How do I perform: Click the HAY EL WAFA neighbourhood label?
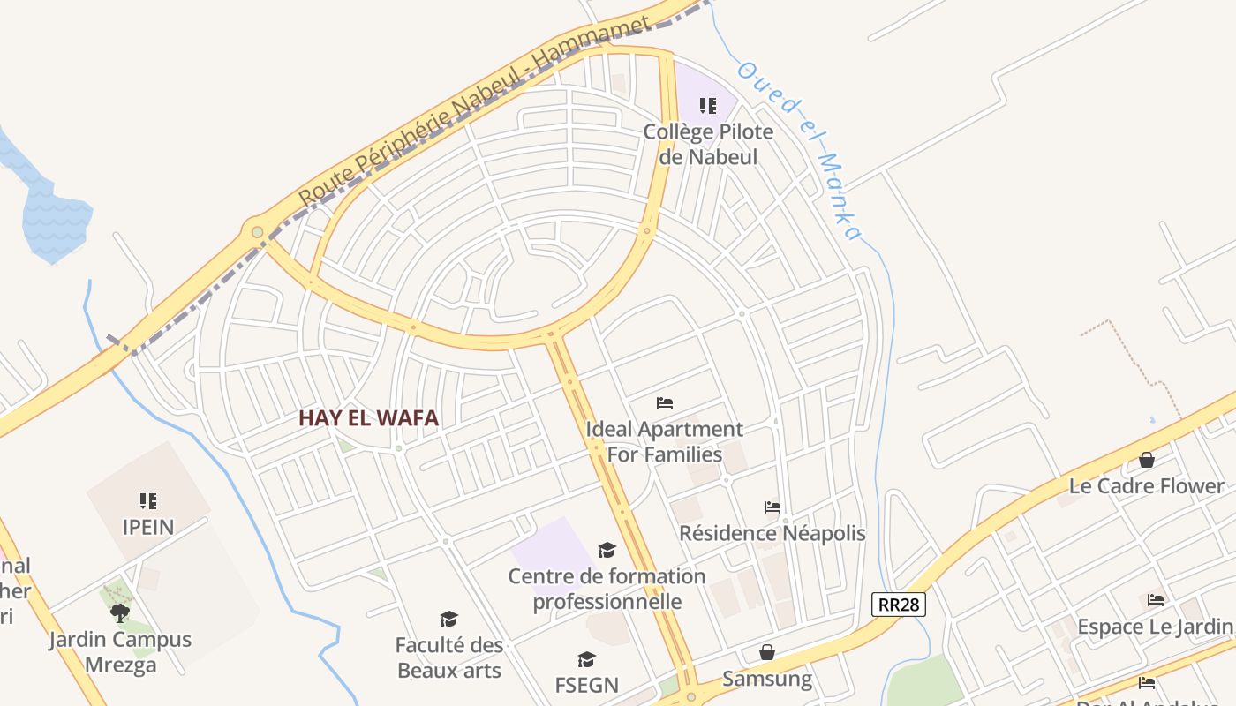click(368, 417)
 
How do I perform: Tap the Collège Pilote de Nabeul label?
click(708, 144)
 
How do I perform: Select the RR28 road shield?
click(900, 605)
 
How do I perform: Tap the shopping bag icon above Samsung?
click(767, 652)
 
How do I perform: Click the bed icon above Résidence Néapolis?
click(772, 507)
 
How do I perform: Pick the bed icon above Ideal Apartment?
click(665, 403)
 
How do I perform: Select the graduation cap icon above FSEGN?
click(586, 659)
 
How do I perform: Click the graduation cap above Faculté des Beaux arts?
click(449, 619)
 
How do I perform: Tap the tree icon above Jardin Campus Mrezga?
click(120, 612)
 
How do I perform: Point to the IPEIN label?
click(148, 527)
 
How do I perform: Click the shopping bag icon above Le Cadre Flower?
click(1147, 460)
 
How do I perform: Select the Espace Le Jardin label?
click(1155, 627)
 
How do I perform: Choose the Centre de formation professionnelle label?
click(607, 589)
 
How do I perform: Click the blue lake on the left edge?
click(53, 216)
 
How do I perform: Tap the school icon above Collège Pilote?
click(708, 106)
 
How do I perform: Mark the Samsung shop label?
click(767, 679)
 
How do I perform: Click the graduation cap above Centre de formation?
click(607, 551)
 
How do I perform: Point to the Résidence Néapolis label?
click(772, 533)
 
